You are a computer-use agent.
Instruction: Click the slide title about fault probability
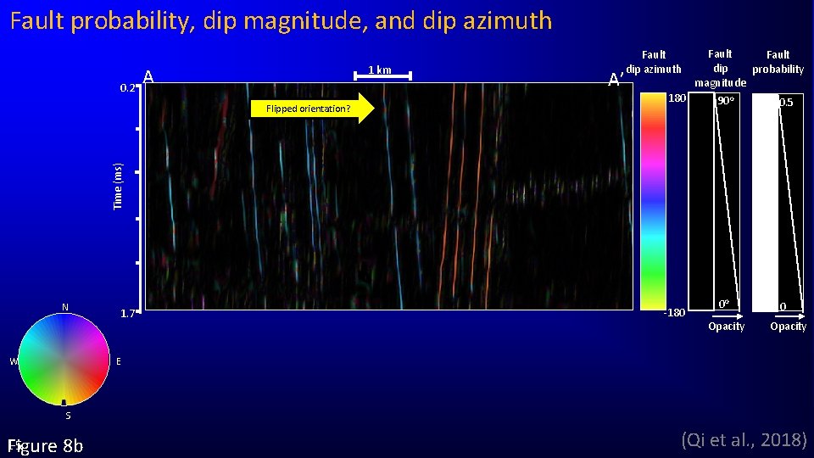click(281, 20)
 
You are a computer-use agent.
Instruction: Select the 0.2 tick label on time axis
click(127, 87)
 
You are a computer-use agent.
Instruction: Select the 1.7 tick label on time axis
click(127, 314)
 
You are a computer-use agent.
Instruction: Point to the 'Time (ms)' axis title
click(119, 186)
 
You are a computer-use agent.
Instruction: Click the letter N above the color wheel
click(64, 306)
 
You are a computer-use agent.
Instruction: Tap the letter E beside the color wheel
click(118, 361)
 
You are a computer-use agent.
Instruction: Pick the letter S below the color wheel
click(68, 416)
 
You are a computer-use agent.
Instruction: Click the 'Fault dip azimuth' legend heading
click(654, 63)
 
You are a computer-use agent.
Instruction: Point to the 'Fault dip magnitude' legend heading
click(720, 68)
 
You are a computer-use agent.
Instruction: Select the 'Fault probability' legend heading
click(778, 62)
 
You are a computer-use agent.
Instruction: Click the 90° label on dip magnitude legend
click(726, 102)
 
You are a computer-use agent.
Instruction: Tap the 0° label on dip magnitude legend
click(723, 304)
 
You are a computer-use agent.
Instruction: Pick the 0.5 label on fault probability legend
click(786, 103)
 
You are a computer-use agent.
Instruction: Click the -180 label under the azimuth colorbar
click(673, 313)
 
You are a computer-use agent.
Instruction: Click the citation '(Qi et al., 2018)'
click(744, 439)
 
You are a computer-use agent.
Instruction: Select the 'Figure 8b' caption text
click(45, 446)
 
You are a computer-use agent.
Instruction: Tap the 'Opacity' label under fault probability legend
click(788, 327)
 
